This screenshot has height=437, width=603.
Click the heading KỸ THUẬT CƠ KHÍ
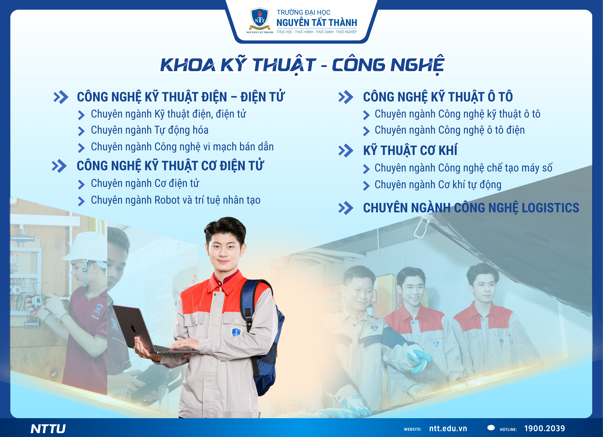click(x=410, y=150)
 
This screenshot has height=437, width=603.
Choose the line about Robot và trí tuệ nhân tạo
click(x=176, y=200)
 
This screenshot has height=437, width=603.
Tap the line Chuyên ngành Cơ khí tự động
click(x=438, y=185)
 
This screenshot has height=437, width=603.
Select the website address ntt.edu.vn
click(x=448, y=429)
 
